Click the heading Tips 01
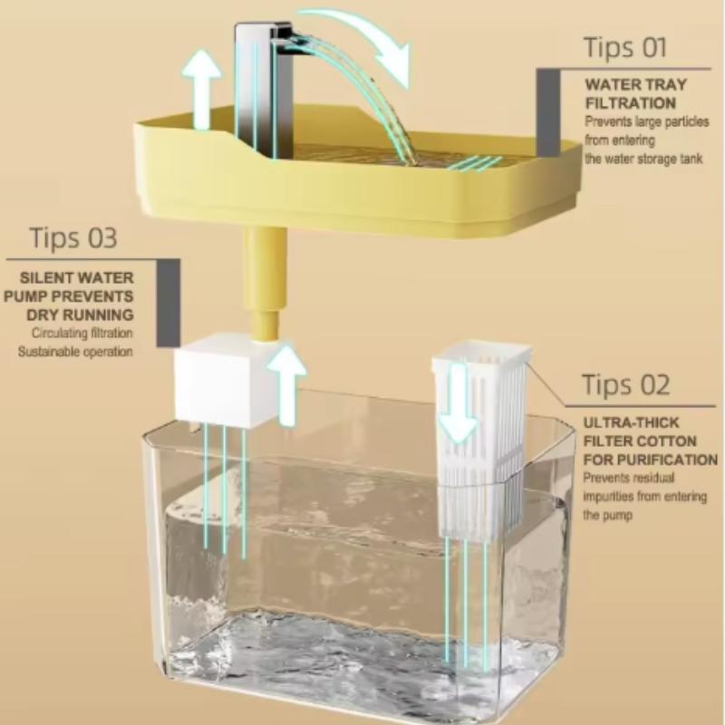coord(624,47)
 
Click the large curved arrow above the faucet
coord(362,36)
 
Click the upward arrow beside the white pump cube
coord(287,381)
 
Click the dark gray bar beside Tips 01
coord(548,113)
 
